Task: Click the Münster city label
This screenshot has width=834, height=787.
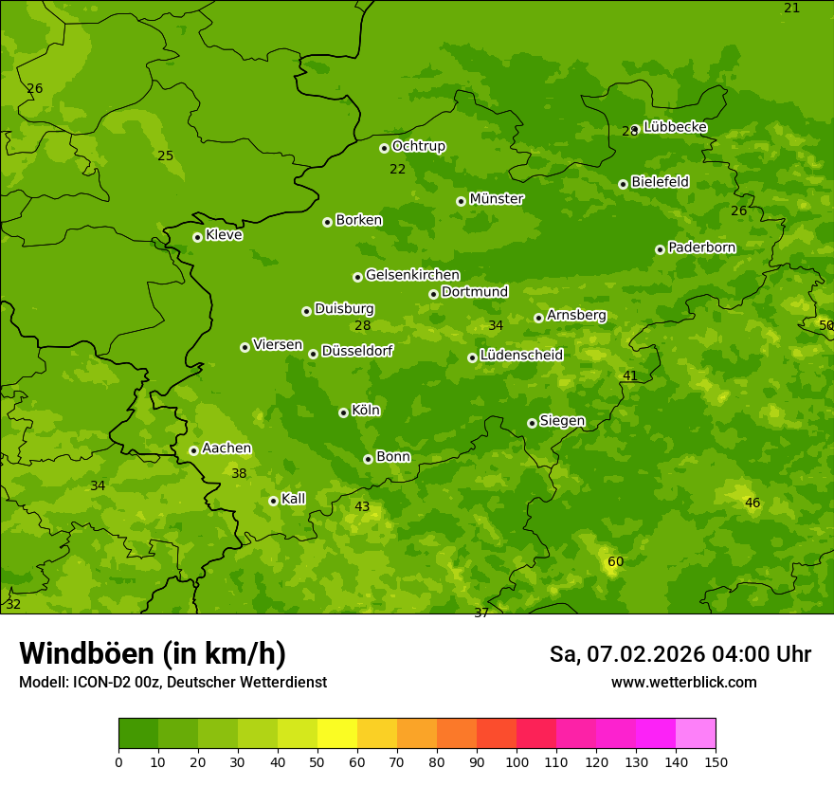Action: coord(497,199)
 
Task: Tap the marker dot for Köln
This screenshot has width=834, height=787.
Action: coord(343,412)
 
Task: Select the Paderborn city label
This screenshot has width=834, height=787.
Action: coord(702,247)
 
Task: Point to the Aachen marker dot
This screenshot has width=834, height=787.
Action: coord(193,450)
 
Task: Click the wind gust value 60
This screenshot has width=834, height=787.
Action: coord(615,562)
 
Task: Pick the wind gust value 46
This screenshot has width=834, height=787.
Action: coord(752,503)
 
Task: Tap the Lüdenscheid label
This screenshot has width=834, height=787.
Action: coord(521,356)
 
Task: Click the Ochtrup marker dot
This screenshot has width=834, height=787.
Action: coord(384,148)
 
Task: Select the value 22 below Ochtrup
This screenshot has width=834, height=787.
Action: coord(397,170)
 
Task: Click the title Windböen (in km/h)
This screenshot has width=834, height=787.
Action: coord(153,653)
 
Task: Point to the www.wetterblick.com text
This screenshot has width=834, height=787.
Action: coord(684,683)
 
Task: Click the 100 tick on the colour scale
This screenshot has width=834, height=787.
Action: coord(517,760)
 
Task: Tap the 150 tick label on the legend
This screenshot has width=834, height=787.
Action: coord(716,760)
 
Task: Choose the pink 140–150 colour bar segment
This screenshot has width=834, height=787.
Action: coord(696,734)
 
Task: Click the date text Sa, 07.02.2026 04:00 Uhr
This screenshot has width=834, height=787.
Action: coord(680,654)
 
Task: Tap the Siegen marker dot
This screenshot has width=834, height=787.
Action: coord(532,423)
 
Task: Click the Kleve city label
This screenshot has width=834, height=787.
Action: coord(224,235)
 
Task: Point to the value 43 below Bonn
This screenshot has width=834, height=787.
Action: coord(362,507)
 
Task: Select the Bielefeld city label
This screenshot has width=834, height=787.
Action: coord(660,182)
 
